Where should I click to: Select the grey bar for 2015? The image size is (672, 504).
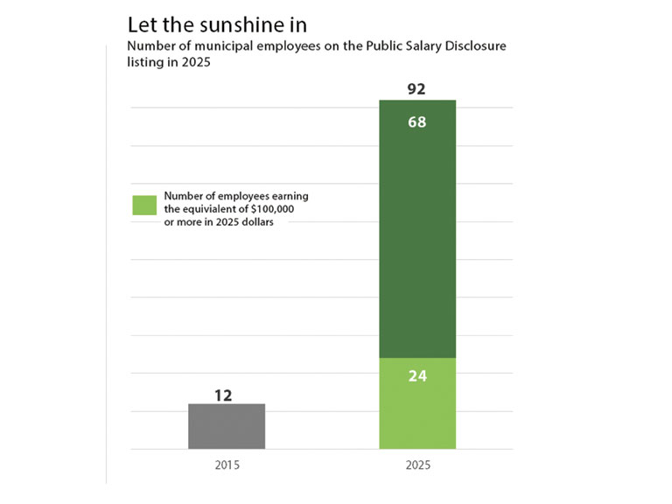point(227,426)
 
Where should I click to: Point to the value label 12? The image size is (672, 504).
point(223,395)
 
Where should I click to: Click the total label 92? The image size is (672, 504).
point(416,89)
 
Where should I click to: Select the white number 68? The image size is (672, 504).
point(416,122)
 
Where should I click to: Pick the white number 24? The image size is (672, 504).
point(416,378)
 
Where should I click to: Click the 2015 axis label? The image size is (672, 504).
point(227,466)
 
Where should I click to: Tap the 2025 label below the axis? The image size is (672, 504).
point(416,466)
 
